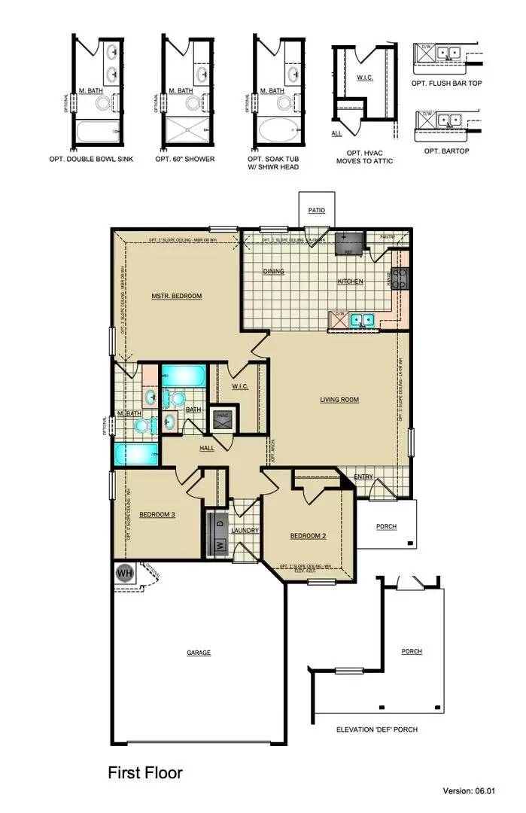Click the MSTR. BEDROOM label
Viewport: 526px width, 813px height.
(x=177, y=296)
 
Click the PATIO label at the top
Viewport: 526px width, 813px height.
(x=316, y=211)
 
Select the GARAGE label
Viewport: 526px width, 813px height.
(x=199, y=653)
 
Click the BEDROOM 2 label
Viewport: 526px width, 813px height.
(x=308, y=537)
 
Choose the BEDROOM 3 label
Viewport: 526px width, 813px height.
(x=157, y=514)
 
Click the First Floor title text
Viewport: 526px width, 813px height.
(x=144, y=772)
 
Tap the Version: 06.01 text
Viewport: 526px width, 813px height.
(x=480, y=791)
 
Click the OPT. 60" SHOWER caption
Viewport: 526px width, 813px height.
(x=184, y=160)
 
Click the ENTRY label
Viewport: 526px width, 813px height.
(x=363, y=477)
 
